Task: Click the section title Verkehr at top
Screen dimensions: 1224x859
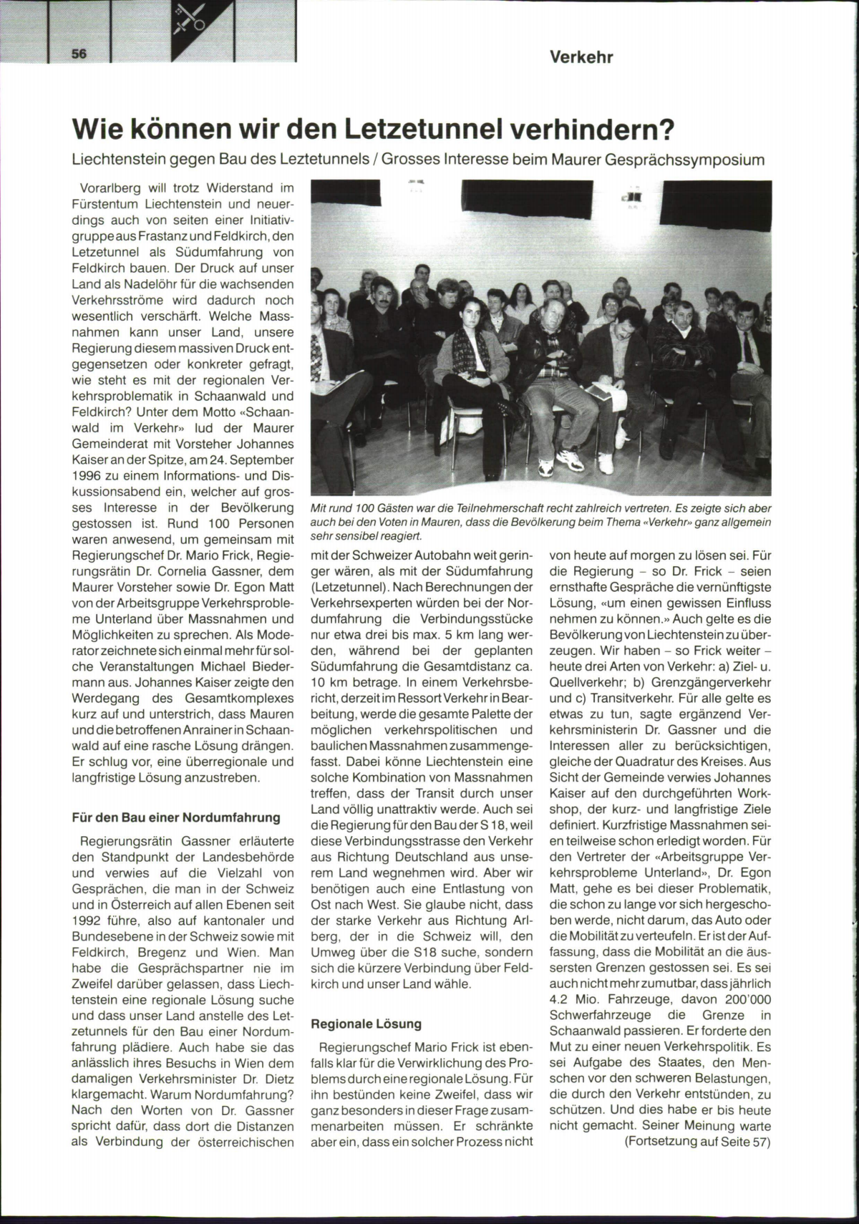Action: click(x=581, y=57)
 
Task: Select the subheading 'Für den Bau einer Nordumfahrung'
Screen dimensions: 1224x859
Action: click(x=176, y=817)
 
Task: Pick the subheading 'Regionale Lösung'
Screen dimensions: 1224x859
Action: click(x=366, y=1024)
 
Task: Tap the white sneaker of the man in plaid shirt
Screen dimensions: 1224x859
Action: click(x=548, y=466)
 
